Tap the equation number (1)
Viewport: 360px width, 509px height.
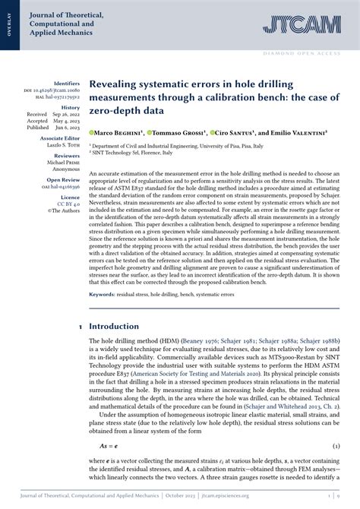[341, 446]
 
